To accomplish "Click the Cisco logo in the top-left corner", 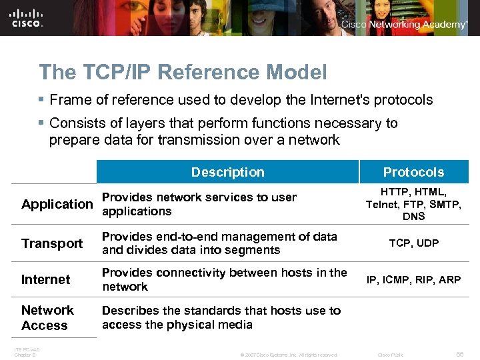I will pos(27,17).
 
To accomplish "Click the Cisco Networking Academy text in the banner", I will pos(404,25).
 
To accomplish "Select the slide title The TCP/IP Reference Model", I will pos(183,72).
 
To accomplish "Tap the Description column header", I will pos(227,172).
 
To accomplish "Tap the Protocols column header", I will pos(413,172).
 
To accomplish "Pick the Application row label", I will pos(57,204).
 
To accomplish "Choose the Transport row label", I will pos(52,243).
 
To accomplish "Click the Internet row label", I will pos(45,279).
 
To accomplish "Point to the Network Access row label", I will pos(47,317).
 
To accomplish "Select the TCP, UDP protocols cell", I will pos(413,243).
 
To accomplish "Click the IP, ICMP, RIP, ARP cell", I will pos(413,279).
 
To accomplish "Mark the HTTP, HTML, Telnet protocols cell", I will pos(413,204).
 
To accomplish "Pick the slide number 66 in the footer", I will pos(459,354).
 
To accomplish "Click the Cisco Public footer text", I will pos(391,355).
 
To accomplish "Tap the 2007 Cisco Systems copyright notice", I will pos(289,355).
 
